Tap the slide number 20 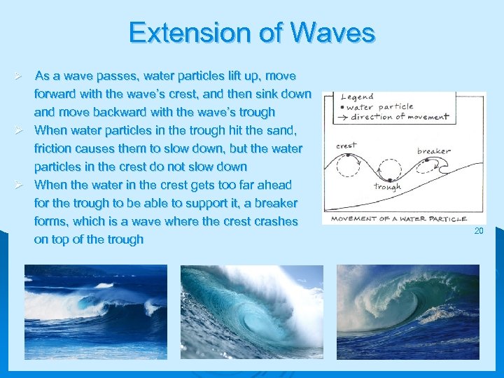tap(479, 231)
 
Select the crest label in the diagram tap(346, 145)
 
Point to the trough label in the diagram tap(387, 187)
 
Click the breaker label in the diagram tap(434, 150)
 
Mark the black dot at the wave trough tap(386, 175)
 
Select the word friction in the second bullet tap(54, 148)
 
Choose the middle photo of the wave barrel tap(251, 311)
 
